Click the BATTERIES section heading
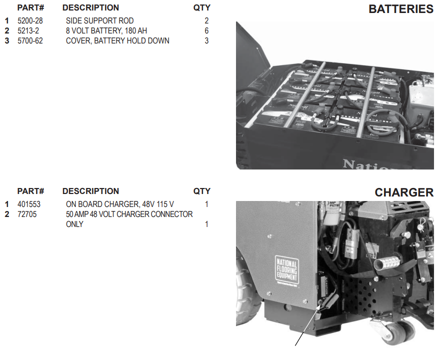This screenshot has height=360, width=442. pyautogui.click(x=400, y=9)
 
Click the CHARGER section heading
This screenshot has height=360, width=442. pyautogui.click(x=404, y=192)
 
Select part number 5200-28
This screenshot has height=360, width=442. pyautogui.click(x=30, y=21)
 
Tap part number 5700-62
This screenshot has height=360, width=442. pyautogui.click(x=30, y=41)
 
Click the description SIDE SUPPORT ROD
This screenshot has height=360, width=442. pyautogui.click(x=99, y=21)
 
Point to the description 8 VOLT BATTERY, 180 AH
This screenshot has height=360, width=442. pyautogui.click(x=106, y=31)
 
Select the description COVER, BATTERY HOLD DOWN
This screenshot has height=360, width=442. pyautogui.click(x=117, y=41)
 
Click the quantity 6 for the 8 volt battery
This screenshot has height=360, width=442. pyautogui.click(x=206, y=31)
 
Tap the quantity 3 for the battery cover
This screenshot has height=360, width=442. pyautogui.click(x=206, y=41)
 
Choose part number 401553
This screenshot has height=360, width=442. pyautogui.click(x=29, y=204)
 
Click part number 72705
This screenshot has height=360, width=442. pyautogui.click(x=27, y=214)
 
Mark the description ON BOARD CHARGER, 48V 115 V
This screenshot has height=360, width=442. pyautogui.click(x=120, y=204)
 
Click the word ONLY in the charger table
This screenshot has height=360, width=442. pyautogui.click(x=74, y=224)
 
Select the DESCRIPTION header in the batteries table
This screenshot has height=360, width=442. pyautogui.click(x=90, y=8)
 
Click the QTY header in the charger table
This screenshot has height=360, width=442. pyautogui.click(x=202, y=191)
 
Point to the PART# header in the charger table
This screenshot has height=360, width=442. pyautogui.click(x=30, y=191)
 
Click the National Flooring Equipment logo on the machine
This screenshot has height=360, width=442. pyautogui.click(x=286, y=270)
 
